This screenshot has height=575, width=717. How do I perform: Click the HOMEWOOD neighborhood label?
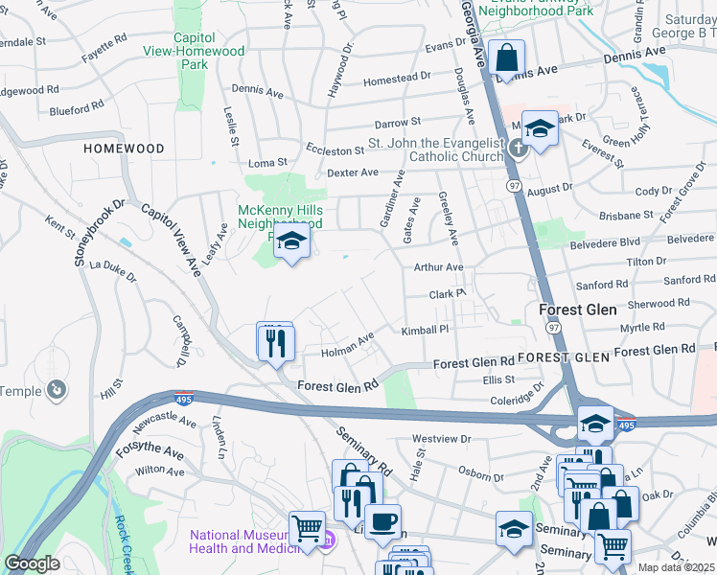pyautogui.click(x=124, y=149)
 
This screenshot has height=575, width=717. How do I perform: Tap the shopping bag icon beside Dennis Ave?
pyautogui.click(x=505, y=57)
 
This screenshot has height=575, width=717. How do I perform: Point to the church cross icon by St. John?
pyautogui.click(x=518, y=148)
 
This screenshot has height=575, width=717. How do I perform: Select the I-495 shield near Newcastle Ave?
pyautogui.click(x=182, y=399)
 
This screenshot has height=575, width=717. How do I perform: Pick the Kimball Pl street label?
pyautogui.click(x=425, y=330)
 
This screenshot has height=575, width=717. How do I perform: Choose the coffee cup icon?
pyautogui.click(x=382, y=522)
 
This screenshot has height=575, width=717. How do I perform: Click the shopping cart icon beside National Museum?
pyautogui.click(x=307, y=528)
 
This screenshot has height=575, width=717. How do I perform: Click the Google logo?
pyautogui.click(x=32, y=563)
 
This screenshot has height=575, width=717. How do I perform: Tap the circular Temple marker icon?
pyautogui.click(x=57, y=389)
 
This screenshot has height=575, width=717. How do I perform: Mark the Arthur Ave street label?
pyautogui.click(x=438, y=268)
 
